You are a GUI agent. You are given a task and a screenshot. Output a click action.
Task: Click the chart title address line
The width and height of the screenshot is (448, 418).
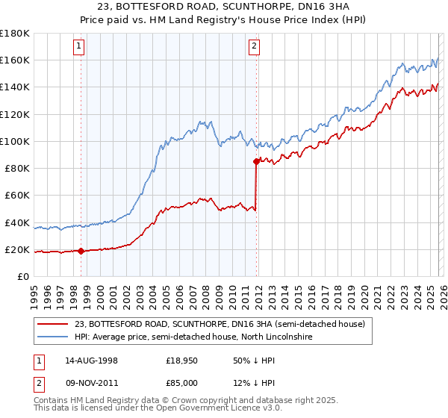click(224, 7)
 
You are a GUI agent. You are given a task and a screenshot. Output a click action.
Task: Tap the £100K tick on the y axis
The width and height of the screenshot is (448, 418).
click(15, 141)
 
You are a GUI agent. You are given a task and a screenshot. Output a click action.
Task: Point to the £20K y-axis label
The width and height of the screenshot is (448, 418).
click(17, 249)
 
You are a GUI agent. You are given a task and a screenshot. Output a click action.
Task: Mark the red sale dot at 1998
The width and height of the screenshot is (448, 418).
click(81, 252)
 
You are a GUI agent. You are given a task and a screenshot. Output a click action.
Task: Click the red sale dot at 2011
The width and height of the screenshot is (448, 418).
click(256, 161)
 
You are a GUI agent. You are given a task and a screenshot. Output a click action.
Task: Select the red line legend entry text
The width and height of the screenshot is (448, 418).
click(220, 324)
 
